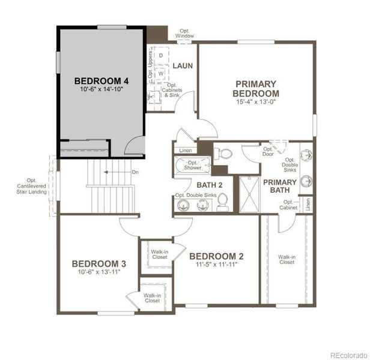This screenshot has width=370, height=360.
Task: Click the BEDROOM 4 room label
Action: pos(102,80)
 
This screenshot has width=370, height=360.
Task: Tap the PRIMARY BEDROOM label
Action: pos(256,89)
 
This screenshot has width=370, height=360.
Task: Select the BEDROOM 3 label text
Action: pos(99,263)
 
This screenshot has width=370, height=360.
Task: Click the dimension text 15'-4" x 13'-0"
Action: pos(256,103)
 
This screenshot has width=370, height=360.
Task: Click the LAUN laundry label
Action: pos(183,65)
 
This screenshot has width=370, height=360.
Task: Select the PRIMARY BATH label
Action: pos(280,186)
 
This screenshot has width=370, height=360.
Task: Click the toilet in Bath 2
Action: pos(222,202)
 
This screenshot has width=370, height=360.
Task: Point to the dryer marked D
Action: pos(161,55)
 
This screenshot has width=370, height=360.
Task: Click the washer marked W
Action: pos(161,73)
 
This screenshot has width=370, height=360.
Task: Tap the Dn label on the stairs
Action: pos(135,172)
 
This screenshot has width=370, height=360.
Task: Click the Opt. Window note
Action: pos(184,34)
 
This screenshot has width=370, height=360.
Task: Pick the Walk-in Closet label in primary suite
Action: pos(287,259)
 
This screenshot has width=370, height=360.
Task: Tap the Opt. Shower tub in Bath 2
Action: pos(192,165)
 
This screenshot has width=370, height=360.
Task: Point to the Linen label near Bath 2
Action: pos(184,150)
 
